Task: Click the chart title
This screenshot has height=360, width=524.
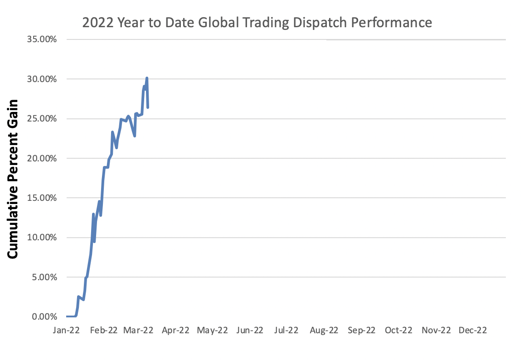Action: pyautogui.click(x=257, y=23)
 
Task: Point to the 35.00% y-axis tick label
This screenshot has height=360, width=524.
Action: pyautogui.click(x=41, y=39)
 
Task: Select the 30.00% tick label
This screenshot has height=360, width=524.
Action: pyautogui.click(x=41, y=79)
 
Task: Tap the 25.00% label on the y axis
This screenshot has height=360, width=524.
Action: pyautogui.click(x=41, y=119)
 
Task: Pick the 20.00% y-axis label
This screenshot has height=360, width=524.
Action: pyautogui.click(x=41, y=158)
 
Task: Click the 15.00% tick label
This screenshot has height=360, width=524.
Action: pyautogui.click(x=41, y=198)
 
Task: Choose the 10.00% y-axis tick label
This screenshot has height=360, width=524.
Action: pyautogui.click(x=41, y=238)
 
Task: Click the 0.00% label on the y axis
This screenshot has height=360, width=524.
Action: pyautogui.click(x=44, y=316)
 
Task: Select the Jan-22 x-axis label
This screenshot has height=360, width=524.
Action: pyautogui.click(x=67, y=331)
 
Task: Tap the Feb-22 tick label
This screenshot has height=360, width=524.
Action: pyautogui.click(x=104, y=331)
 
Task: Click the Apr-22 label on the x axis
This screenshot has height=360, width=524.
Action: pyautogui.click(x=175, y=331)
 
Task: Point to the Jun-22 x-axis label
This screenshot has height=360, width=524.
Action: pyautogui.click(x=250, y=331)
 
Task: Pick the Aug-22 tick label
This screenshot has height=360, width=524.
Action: pyautogui.click(x=324, y=331)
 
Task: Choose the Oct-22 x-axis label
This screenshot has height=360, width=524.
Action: pyautogui.click(x=398, y=331)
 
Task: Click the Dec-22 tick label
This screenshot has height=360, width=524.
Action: pyautogui.click(x=472, y=331)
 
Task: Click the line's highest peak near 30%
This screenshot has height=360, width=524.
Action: pyautogui.click(x=147, y=78)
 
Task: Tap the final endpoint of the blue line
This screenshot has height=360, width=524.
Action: pyautogui.click(x=148, y=107)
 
